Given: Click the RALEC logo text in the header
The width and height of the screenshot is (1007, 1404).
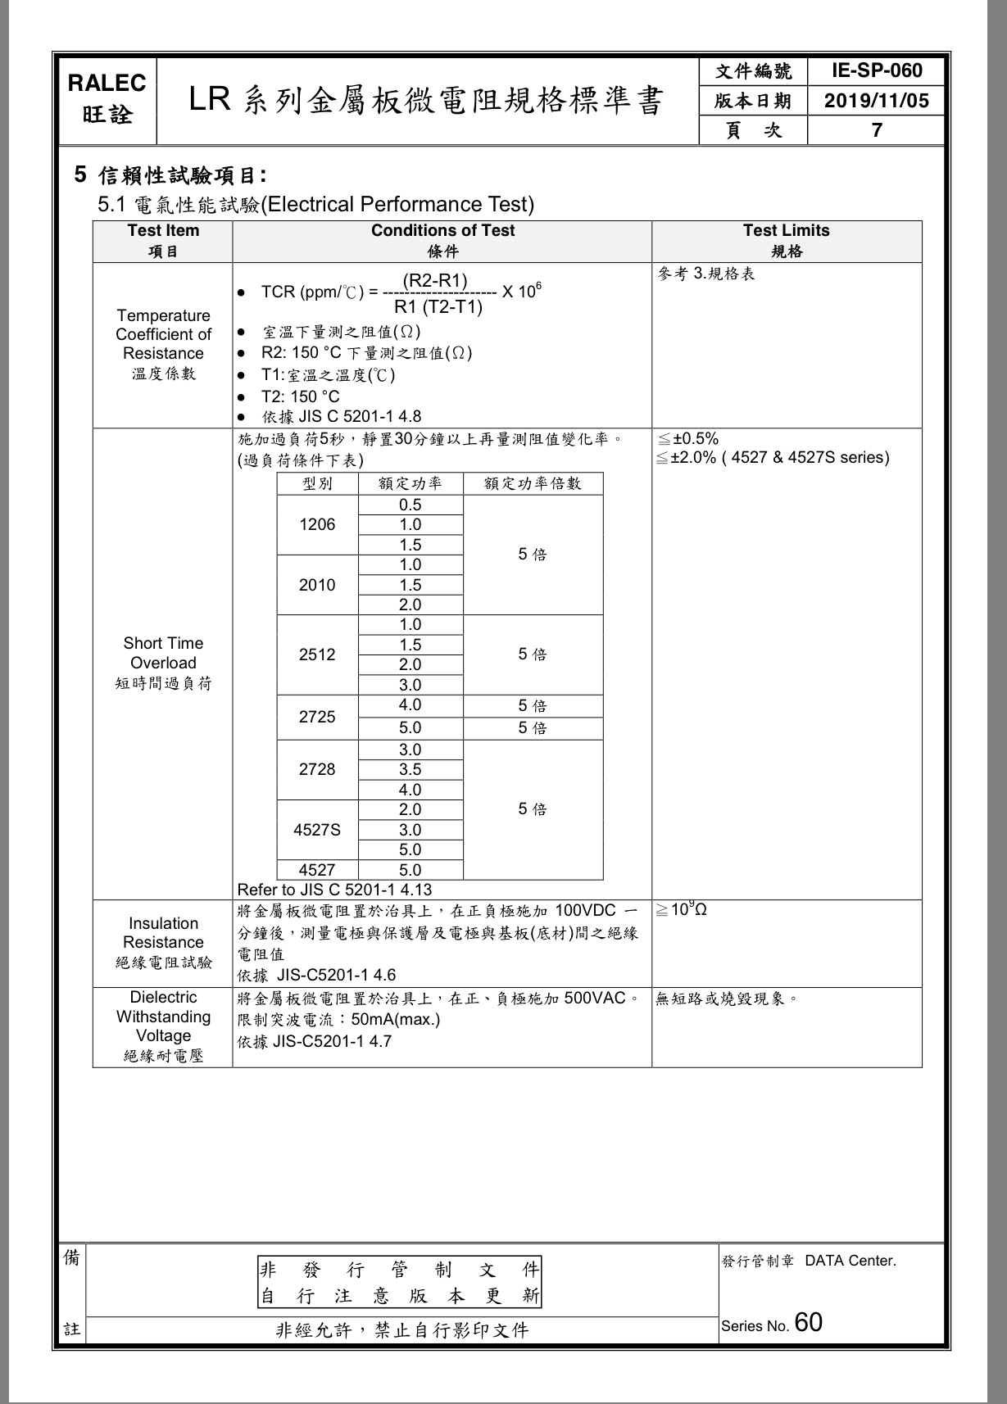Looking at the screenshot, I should click(107, 84).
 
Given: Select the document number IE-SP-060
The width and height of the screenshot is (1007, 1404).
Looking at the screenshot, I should click(877, 71).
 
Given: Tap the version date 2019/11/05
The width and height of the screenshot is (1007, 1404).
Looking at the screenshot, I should click(877, 101).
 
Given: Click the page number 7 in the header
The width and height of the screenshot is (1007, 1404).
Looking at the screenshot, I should click(877, 130).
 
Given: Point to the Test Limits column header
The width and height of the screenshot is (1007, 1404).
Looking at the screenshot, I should click(786, 231).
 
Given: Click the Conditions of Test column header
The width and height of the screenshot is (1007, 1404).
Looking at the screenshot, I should click(442, 231).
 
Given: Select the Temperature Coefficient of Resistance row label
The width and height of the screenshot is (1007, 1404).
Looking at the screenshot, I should click(163, 335).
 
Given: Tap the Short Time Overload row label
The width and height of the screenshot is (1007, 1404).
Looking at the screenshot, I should click(163, 653).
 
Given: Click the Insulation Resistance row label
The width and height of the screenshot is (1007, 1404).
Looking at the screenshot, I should click(163, 933).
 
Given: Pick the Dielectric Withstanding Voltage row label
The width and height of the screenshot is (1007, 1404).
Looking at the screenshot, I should click(163, 1017).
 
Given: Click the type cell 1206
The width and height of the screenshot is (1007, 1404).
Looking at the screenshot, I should click(317, 524).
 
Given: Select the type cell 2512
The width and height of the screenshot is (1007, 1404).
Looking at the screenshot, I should click(317, 654).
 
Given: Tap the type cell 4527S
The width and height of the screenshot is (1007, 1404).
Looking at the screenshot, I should click(317, 830).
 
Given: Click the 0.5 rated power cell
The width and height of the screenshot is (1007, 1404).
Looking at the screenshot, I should click(411, 505).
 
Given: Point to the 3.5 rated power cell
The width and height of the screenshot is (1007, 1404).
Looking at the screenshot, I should click(411, 769).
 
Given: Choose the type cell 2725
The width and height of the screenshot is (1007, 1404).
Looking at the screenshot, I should click(317, 717).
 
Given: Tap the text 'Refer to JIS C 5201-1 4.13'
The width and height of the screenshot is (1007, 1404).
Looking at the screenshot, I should click(334, 890).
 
